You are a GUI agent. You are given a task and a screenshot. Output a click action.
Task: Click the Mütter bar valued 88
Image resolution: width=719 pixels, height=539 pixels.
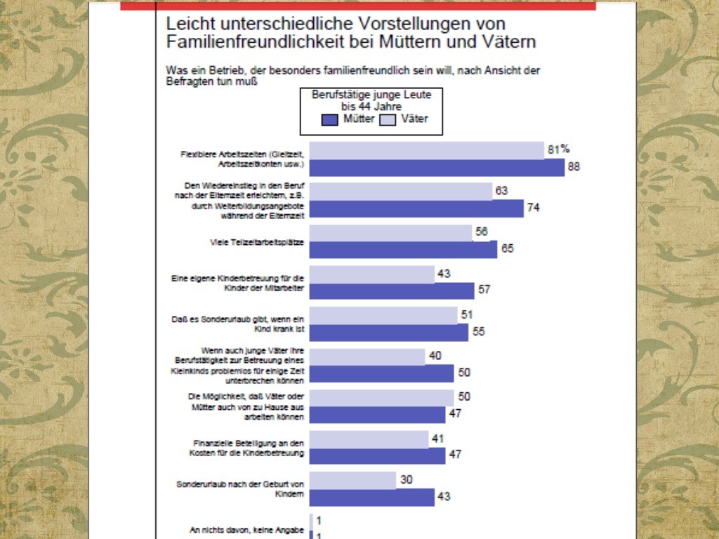pos(437,168)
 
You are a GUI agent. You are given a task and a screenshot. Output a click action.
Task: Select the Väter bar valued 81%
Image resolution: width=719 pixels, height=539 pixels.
pos(426,150)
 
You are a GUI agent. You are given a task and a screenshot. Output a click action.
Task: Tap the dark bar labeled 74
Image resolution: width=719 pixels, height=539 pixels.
pos(416,208)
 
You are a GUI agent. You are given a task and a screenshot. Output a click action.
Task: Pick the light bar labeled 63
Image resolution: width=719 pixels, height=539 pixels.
pos(401,191)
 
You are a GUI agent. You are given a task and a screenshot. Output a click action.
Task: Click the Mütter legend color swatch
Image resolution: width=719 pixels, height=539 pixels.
pos(331,119)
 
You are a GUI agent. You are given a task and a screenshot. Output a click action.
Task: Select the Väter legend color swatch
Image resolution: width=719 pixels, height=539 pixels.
pos(388,119)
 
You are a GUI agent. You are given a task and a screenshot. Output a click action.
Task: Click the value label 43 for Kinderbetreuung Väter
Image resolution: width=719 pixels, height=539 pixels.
pos(444,274)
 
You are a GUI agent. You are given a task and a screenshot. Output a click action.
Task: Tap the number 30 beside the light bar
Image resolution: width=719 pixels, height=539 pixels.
pos(406,479)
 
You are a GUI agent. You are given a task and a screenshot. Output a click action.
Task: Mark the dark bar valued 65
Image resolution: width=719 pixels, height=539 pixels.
pos(403,250)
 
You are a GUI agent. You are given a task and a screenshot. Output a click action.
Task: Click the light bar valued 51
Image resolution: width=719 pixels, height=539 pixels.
pos(383,315)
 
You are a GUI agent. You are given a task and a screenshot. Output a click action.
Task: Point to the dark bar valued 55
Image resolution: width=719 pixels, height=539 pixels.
pos(388,332)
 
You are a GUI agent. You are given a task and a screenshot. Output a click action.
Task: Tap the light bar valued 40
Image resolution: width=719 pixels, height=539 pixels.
pos(367,357)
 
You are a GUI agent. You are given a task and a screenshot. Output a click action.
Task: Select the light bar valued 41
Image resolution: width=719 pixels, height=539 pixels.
pos(369,439)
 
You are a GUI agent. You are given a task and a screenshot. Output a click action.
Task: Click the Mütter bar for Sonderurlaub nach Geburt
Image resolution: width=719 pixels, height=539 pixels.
pos(371,497)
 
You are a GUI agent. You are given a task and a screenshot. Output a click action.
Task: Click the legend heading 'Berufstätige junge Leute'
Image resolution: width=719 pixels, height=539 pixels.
pos(371,94)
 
